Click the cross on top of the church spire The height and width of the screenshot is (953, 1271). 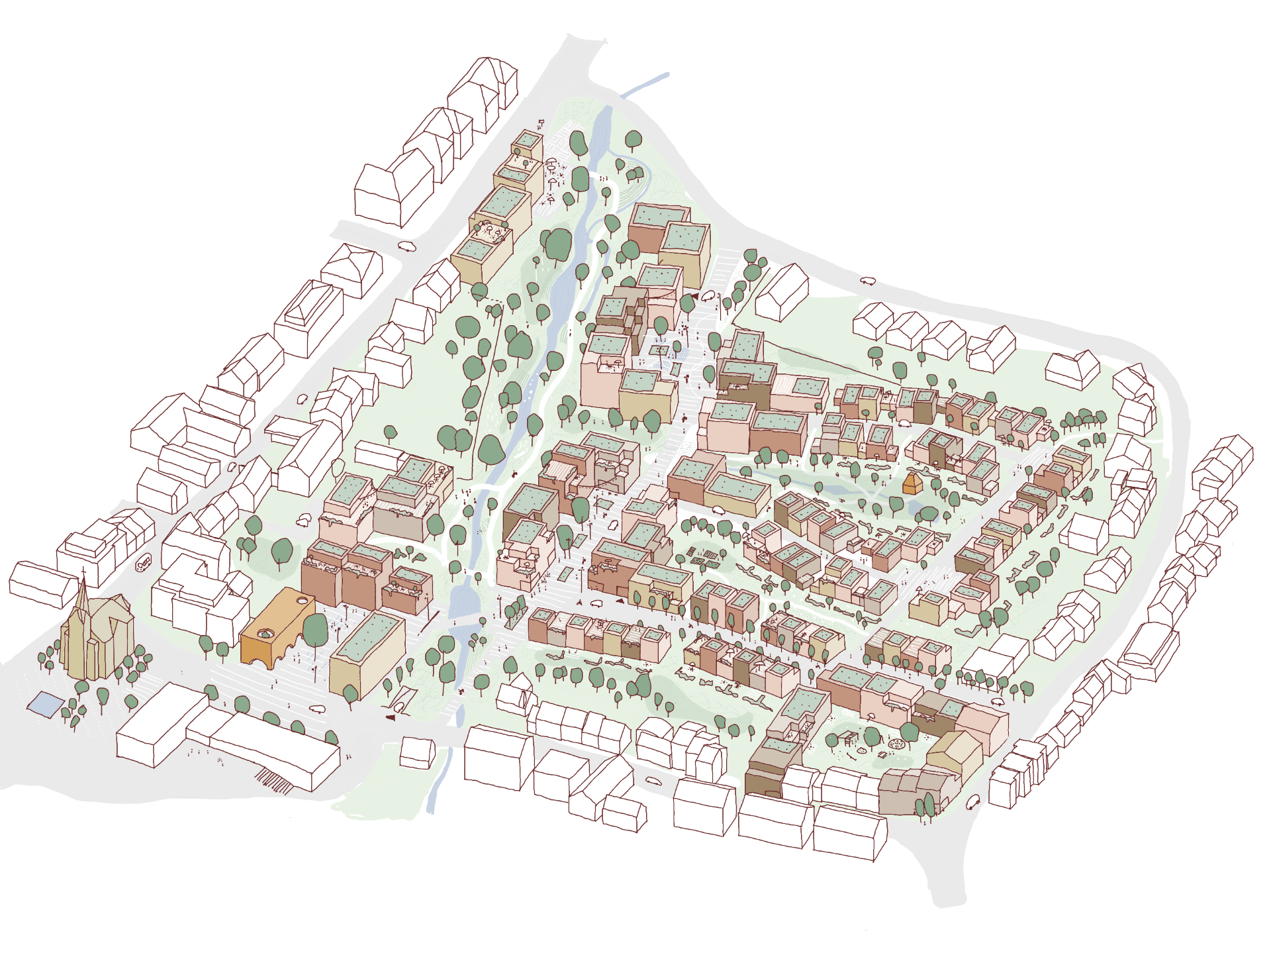[x=84, y=570]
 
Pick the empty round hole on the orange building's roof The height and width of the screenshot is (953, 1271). [x=304, y=601]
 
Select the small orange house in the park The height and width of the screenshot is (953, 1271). [x=912, y=483]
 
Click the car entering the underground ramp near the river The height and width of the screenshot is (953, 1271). [x=399, y=707]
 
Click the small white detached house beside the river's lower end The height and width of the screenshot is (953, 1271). [x=417, y=753]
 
